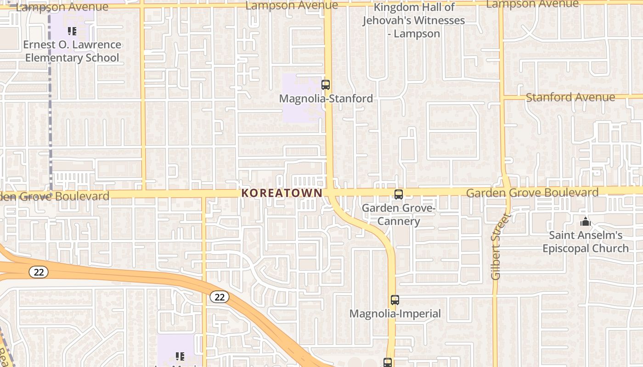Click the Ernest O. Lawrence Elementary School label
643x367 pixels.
[x=73, y=51]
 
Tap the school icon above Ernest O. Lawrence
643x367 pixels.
[x=72, y=31]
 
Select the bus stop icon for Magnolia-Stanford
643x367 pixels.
[x=326, y=85]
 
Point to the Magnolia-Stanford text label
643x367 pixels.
[x=326, y=99]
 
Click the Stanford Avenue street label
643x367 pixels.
[x=570, y=97]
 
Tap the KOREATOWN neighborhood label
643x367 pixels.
[x=282, y=193]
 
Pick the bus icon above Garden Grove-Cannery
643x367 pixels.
[x=399, y=195]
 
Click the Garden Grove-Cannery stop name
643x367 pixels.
[x=398, y=215]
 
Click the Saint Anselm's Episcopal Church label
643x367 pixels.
[x=586, y=242]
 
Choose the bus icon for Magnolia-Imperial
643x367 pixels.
[x=395, y=300]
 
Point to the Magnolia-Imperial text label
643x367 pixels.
[x=395, y=314]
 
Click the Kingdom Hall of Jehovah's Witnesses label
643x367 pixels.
[x=413, y=20]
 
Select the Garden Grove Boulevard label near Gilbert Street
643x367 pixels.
[x=532, y=193]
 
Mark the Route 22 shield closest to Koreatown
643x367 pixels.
[x=220, y=297]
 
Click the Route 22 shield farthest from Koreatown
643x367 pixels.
[x=39, y=272]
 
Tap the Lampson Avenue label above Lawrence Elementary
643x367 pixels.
[x=62, y=7]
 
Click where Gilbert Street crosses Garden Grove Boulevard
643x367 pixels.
[x=507, y=192]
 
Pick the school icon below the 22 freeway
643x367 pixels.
[x=180, y=356]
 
